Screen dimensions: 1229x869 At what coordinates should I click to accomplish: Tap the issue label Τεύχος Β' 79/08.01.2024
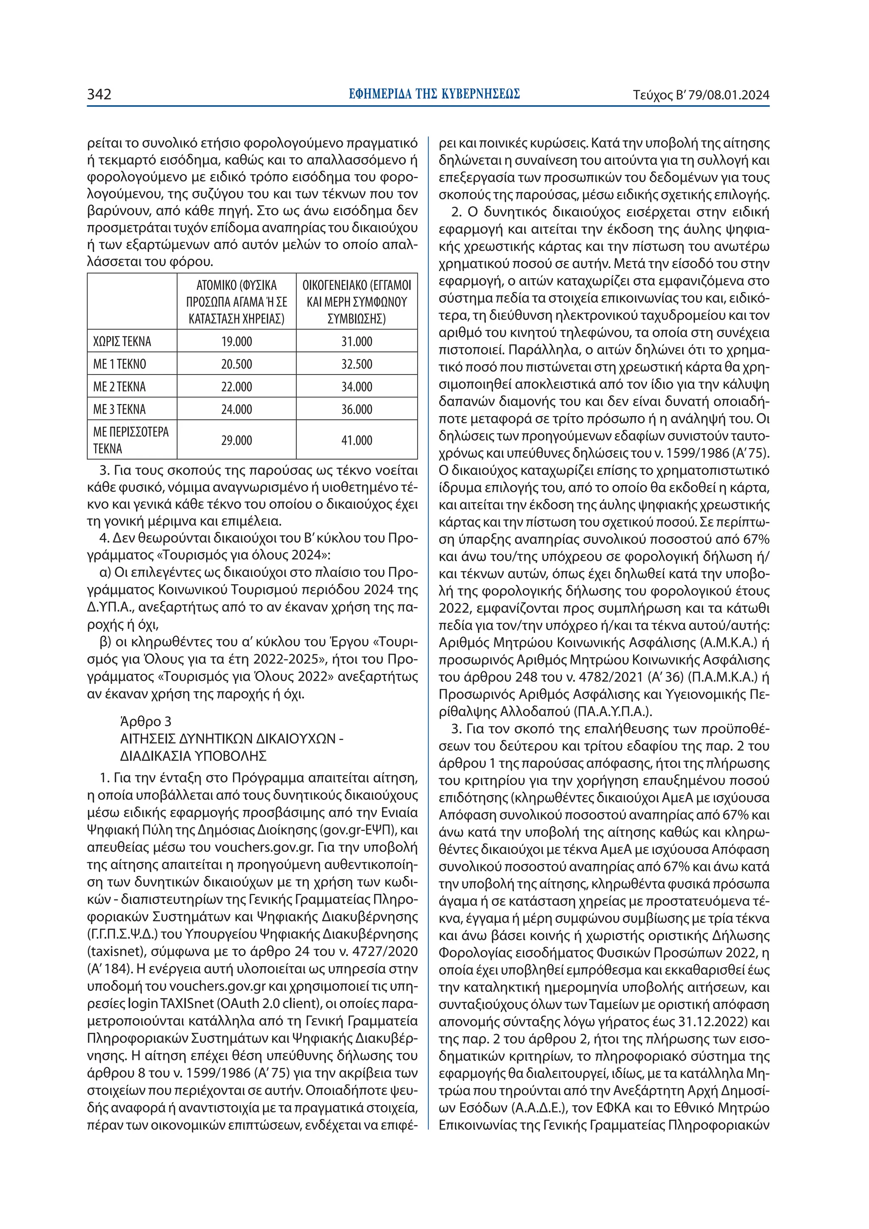pos(701,95)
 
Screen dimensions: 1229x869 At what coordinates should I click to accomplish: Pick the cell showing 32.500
pos(356,364)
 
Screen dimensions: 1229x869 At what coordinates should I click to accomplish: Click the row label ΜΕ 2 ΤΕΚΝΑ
pos(119,386)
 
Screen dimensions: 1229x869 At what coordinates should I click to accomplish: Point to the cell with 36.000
pos(356,409)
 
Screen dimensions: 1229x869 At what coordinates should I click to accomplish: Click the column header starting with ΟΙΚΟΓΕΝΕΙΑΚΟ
pos(356,301)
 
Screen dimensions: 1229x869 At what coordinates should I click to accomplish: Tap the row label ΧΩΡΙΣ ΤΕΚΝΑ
pos(122,342)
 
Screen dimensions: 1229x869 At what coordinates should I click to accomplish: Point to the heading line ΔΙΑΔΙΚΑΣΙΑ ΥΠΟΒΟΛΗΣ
pos(193,756)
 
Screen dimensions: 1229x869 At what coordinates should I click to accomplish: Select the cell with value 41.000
pos(356,440)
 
